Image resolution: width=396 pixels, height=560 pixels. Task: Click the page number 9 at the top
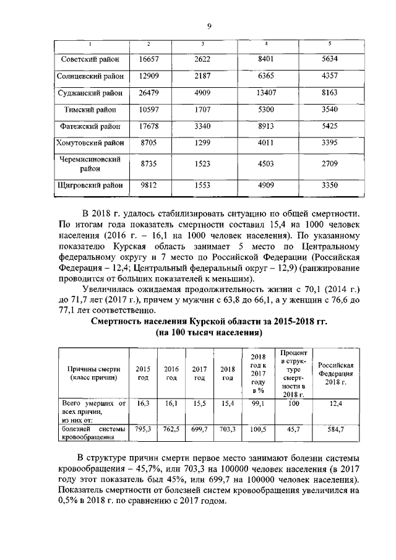[x=209, y=25]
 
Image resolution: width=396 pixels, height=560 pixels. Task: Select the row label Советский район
[x=91, y=59]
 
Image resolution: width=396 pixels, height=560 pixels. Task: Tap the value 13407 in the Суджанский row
[x=265, y=93]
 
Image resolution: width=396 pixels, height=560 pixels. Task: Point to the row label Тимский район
[x=91, y=110]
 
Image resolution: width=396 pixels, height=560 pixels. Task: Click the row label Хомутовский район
[x=91, y=143]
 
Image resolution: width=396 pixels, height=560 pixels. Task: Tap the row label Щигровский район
[x=91, y=185]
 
